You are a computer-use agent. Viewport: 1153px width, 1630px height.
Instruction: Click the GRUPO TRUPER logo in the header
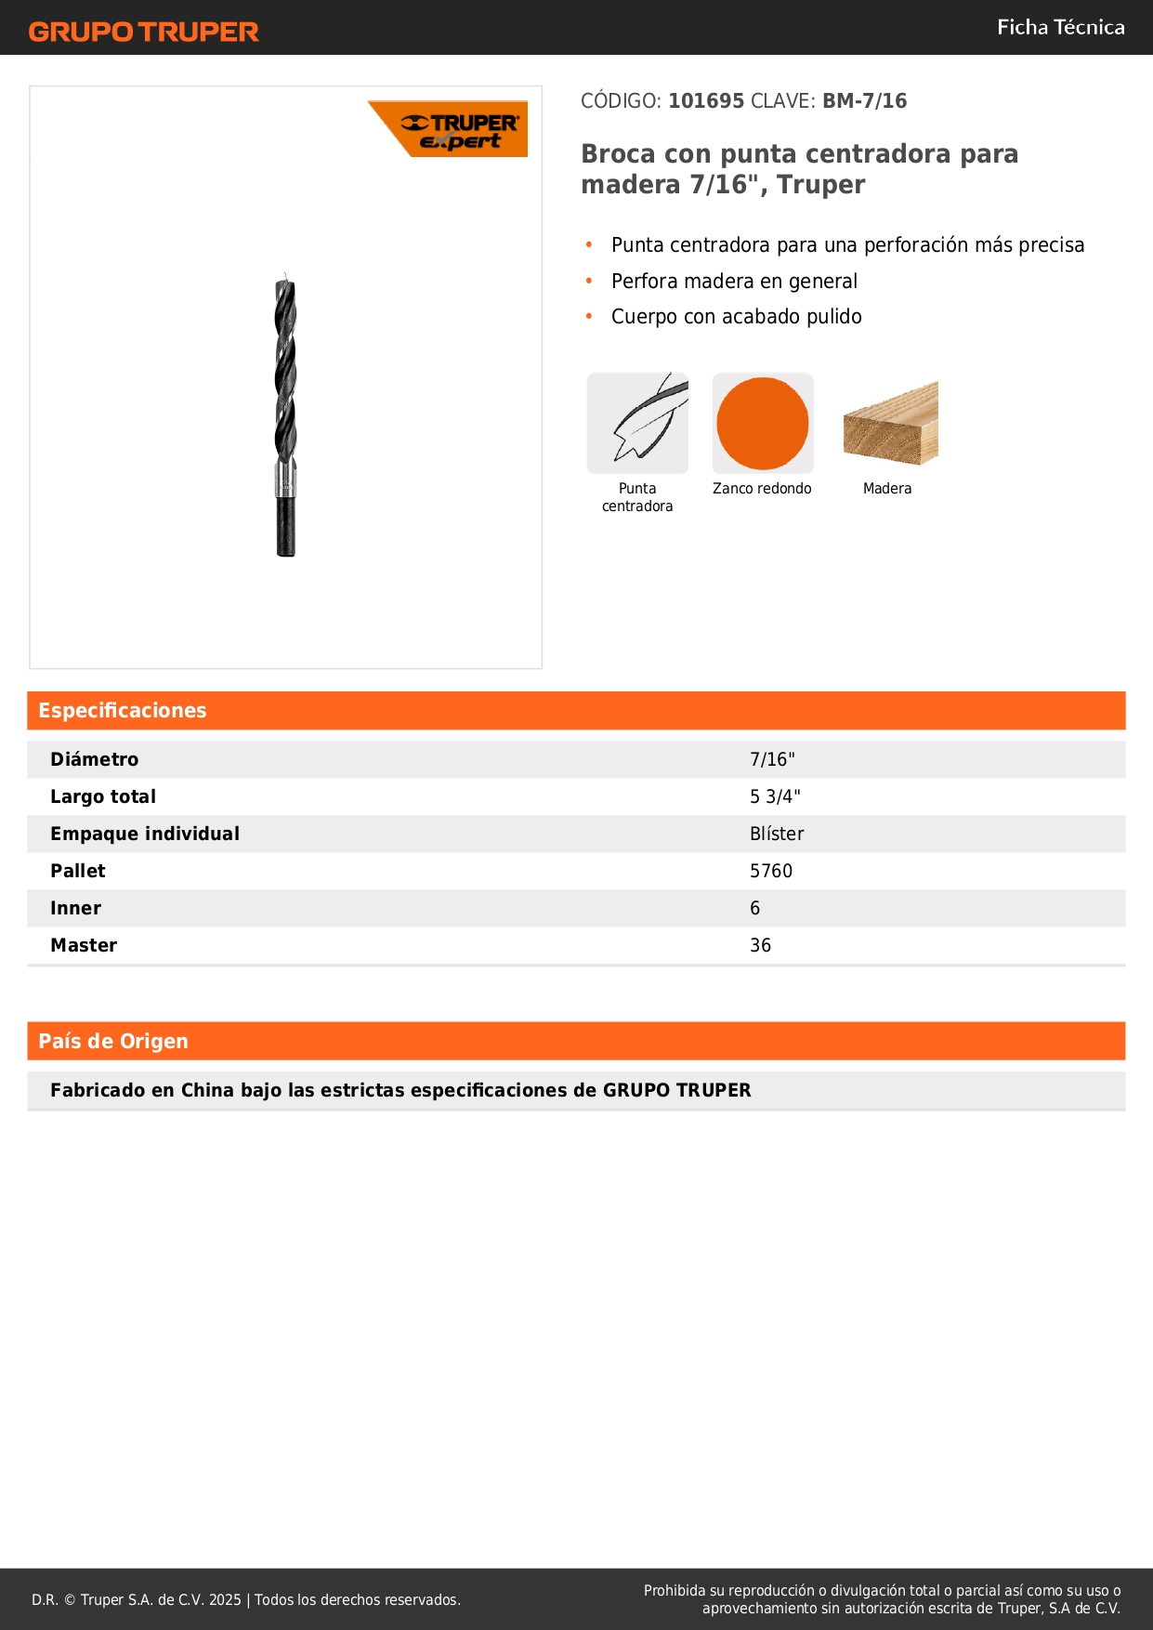[x=143, y=32]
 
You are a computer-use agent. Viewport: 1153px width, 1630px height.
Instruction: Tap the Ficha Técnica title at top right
[x=1060, y=28]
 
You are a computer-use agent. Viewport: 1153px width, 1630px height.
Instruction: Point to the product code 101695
[x=706, y=101]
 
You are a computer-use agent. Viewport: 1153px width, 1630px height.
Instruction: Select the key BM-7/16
[x=864, y=101]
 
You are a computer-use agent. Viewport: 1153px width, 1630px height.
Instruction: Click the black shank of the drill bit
[x=286, y=526]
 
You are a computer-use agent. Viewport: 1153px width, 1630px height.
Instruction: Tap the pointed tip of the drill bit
[x=285, y=277]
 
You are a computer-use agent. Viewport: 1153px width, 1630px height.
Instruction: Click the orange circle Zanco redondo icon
[x=763, y=424]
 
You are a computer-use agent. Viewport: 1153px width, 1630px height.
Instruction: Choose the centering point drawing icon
[x=637, y=424]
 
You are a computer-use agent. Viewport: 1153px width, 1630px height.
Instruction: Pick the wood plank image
[x=890, y=424]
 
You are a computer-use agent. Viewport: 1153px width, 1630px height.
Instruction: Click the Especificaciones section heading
[x=123, y=711]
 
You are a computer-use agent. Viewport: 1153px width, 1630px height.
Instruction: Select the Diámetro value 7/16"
[x=772, y=760]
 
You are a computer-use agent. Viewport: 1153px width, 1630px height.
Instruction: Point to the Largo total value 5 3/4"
[x=775, y=797]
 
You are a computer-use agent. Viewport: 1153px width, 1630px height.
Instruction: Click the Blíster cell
[x=777, y=835]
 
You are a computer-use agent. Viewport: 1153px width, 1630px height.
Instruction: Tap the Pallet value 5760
[x=771, y=872]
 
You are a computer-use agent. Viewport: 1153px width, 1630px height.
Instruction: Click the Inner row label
[x=76, y=909]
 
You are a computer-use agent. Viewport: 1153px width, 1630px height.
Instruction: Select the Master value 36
[x=760, y=946]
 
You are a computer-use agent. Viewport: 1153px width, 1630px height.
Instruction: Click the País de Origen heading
[x=113, y=1042]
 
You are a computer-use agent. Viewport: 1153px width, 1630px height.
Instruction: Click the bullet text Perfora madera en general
[x=734, y=282]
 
